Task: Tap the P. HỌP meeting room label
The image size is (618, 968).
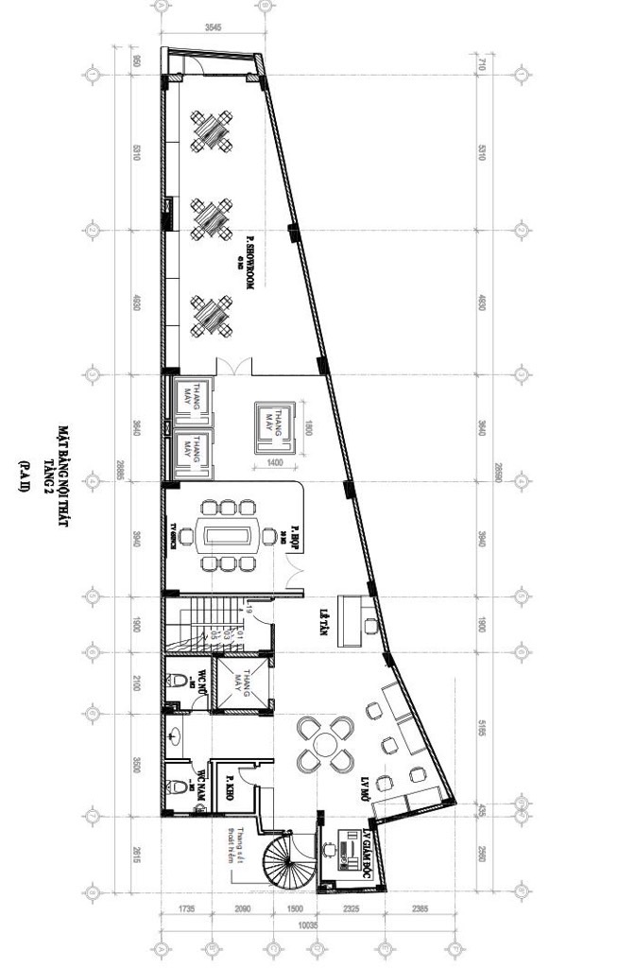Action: pyautogui.click(x=295, y=535)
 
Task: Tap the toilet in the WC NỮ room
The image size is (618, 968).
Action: pyautogui.click(x=179, y=681)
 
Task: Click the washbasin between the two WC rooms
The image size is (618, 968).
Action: pyautogui.click(x=175, y=733)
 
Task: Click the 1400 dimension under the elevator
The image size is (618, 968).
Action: pyautogui.click(x=275, y=462)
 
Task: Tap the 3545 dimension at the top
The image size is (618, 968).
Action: pyautogui.click(x=213, y=26)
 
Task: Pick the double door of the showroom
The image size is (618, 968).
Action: pyautogui.click(x=234, y=367)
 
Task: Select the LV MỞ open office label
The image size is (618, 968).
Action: pyautogui.click(x=361, y=781)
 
